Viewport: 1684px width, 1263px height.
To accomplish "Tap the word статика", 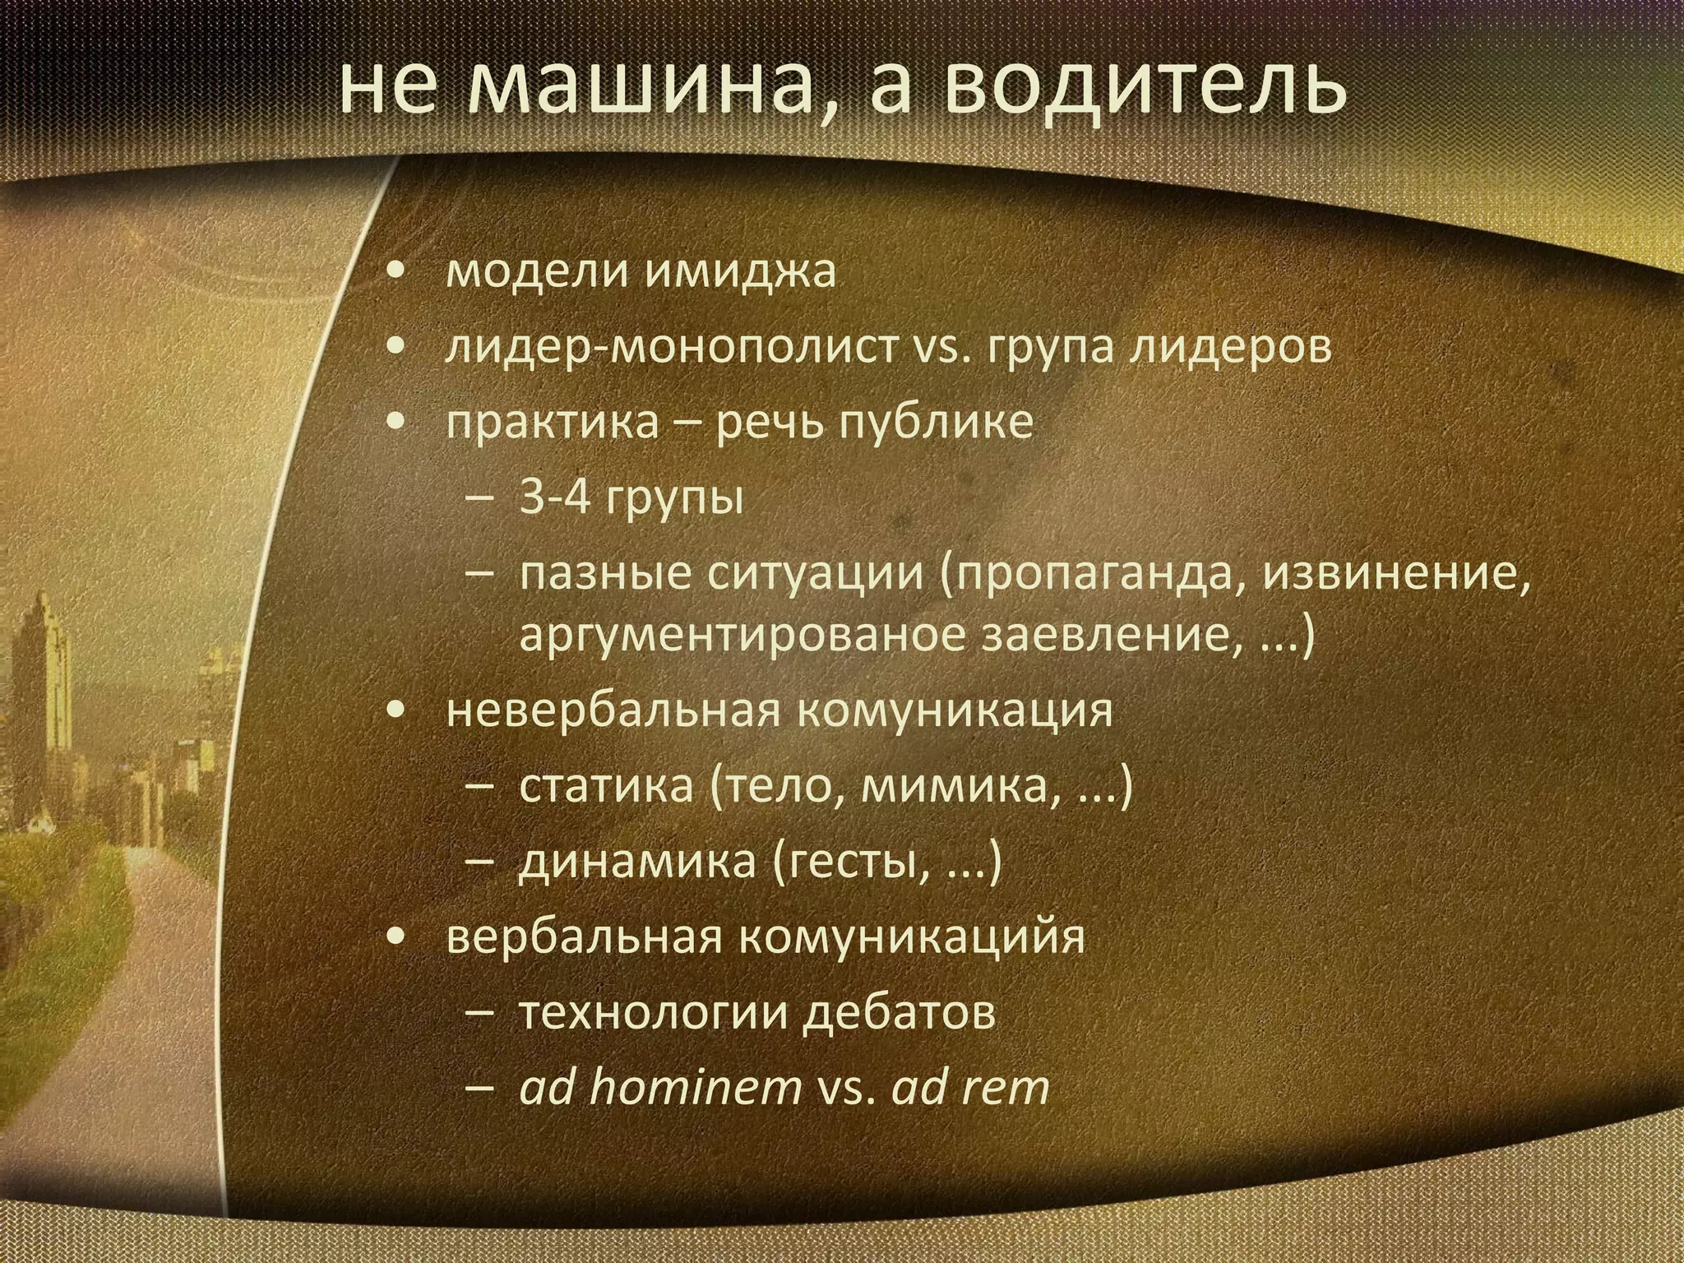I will (x=607, y=786).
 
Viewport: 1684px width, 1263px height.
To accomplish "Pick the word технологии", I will (x=654, y=1013).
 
